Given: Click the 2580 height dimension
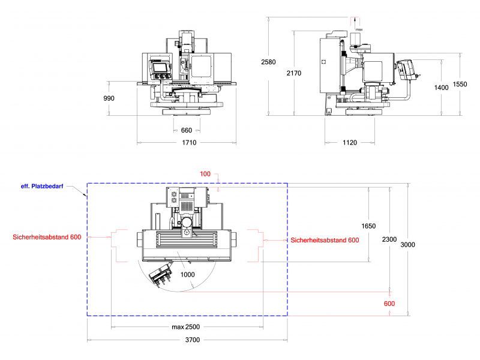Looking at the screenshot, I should (268, 62).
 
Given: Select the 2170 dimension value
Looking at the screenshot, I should (294, 73).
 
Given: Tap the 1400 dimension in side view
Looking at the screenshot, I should (441, 88).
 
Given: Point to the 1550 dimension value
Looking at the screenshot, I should (460, 85).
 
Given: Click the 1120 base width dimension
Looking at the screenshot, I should (350, 143).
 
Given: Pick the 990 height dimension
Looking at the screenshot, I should (109, 98).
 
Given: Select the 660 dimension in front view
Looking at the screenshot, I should (187, 130).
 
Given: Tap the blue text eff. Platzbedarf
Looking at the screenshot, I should (42, 187).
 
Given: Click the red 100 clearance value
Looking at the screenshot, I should (205, 174).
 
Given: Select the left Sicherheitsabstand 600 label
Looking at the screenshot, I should (47, 237).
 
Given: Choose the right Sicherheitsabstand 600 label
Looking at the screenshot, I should (325, 240).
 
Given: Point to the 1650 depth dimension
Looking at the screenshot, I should (368, 226).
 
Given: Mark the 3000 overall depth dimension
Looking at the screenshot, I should (408, 245).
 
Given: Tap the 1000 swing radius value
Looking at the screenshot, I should (188, 274).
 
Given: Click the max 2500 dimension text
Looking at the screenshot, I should (185, 327).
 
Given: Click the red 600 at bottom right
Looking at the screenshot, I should (389, 304).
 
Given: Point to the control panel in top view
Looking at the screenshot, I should (162, 274).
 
